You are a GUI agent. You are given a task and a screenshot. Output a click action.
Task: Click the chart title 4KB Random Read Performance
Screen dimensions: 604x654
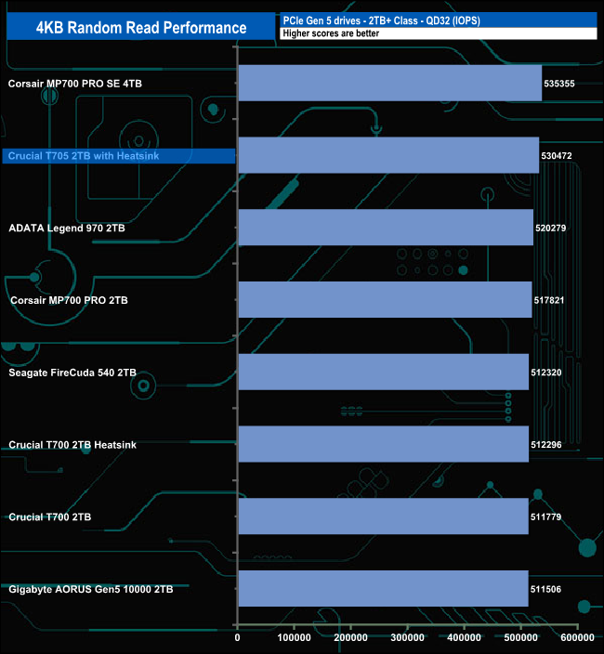141,28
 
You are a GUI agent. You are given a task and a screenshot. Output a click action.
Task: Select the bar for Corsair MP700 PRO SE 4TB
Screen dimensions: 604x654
390,83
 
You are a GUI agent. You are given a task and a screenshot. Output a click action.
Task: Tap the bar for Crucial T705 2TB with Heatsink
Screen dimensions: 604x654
388,155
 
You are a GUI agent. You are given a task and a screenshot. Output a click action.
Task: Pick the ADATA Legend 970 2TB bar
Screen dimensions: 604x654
386,228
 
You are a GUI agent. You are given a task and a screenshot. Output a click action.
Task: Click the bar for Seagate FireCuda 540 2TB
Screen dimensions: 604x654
384,372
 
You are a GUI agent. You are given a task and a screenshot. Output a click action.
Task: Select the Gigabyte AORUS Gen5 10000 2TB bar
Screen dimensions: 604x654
384,589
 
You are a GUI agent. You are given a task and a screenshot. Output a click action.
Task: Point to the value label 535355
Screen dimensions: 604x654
559,84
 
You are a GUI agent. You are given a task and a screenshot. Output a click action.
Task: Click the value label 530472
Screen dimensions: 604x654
557,155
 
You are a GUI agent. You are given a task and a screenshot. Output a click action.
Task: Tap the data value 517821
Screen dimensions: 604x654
549,300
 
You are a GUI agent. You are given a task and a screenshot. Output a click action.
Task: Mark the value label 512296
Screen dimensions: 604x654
546,445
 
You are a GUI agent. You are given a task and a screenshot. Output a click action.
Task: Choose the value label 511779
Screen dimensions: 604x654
545,517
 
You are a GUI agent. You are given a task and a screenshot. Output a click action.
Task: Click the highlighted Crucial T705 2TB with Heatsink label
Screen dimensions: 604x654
84,156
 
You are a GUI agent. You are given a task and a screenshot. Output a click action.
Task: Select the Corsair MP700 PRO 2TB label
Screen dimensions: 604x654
69,300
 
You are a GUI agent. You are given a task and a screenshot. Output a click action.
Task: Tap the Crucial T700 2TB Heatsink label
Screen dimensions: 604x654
72,445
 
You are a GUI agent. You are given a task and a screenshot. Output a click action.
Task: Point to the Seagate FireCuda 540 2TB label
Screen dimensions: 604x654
72,373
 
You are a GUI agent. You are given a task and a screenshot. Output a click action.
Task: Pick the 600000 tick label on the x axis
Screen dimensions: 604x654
577,637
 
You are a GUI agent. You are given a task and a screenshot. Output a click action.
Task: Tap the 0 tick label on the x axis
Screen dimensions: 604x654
237,637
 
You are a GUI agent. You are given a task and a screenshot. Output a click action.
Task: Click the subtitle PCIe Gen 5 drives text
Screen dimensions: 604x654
322,20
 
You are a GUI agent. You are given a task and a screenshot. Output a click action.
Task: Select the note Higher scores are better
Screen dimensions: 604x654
331,33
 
